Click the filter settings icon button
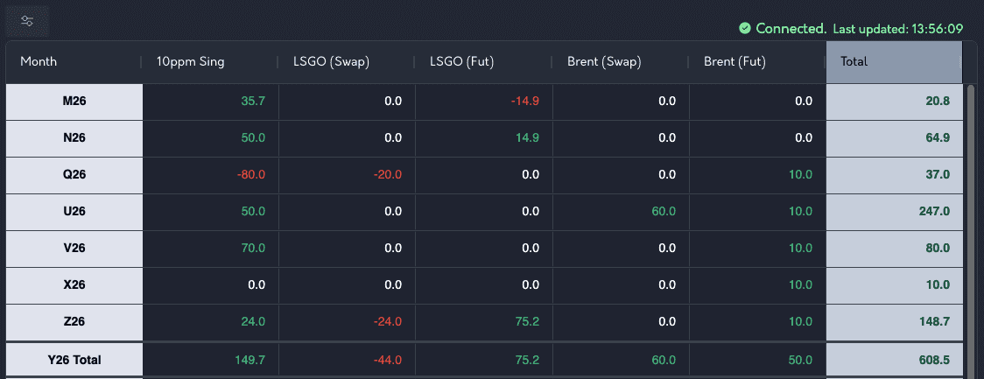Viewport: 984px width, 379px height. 27,21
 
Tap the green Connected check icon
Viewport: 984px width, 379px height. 745,28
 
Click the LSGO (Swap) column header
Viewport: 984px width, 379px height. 331,61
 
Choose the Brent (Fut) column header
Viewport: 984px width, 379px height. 734,61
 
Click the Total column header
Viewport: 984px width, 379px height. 854,61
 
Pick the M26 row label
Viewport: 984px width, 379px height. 74,101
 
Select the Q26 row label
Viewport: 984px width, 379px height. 74,174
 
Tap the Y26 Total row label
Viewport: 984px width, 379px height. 74,360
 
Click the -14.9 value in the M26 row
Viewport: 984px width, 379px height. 526,101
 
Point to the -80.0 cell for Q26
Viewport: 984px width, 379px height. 251,174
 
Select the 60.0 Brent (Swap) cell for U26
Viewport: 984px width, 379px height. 664,212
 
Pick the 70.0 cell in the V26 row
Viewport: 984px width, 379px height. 253,248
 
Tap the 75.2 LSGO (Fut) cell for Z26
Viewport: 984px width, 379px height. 526,321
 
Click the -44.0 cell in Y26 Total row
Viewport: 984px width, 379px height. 388,360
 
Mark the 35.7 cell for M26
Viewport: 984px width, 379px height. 254,101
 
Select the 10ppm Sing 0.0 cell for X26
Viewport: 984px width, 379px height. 257,284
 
